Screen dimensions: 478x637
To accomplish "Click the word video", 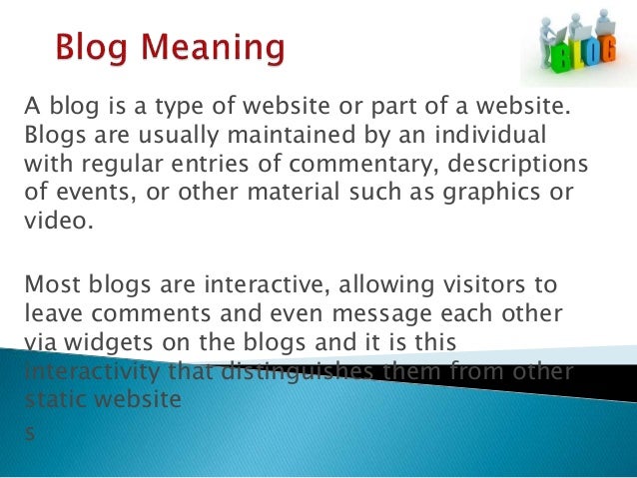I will pyautogui.click(x=57, y=220).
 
